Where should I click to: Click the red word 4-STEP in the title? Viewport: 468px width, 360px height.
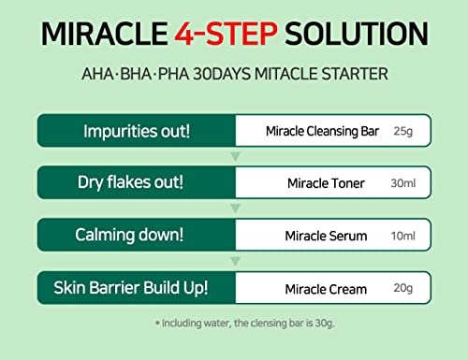[x=226, y=34]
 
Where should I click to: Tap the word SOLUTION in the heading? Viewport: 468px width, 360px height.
[x=357, y=34]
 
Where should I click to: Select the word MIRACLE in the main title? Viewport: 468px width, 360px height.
[x=105, y=34]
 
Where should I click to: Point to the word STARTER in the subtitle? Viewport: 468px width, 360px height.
[x=355, y=74]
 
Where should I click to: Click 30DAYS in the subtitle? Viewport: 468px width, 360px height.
[x=222, y=74]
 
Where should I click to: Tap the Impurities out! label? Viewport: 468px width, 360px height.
[x=137, y=131]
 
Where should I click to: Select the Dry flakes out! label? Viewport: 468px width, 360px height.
[x=130, y=182]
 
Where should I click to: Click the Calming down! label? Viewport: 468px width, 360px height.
[x=129, y=235]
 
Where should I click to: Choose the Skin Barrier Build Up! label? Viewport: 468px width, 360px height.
[x=130, y=288]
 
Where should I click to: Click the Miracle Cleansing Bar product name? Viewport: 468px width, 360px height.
[x=322, y=131]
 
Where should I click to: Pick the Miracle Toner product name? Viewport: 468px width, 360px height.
[x=326, y=183]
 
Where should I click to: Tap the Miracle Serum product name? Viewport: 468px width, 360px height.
[x=326, y=236]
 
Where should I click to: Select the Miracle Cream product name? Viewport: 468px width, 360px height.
[x=326, y=289]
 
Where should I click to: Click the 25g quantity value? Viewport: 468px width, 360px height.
[x=403, y=132]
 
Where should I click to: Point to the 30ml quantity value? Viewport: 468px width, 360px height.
[x=403, y=183]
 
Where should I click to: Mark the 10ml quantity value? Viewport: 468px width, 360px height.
[x=403, y=236]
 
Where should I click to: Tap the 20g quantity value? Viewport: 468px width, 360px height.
[x=403, y=288]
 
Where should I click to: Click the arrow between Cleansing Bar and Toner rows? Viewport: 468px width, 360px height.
[x=236, y=156]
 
